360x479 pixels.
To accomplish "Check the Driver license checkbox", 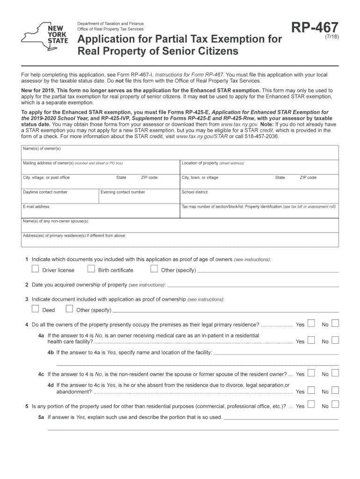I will point(35,269).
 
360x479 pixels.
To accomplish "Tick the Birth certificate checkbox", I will point(91,269).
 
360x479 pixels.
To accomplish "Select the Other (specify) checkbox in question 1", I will point(154,269).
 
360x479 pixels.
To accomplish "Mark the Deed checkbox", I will point(35,309).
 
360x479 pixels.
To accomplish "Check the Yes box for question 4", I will point(311,324).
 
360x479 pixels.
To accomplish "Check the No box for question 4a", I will point(335,341).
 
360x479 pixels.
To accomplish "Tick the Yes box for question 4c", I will point(311,373).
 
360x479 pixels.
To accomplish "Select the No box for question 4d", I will point(335,391).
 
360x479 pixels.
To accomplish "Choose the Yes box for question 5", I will point(311,406).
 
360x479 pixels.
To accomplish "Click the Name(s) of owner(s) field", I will point(180,154).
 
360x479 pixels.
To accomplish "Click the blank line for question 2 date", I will point(252,285).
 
